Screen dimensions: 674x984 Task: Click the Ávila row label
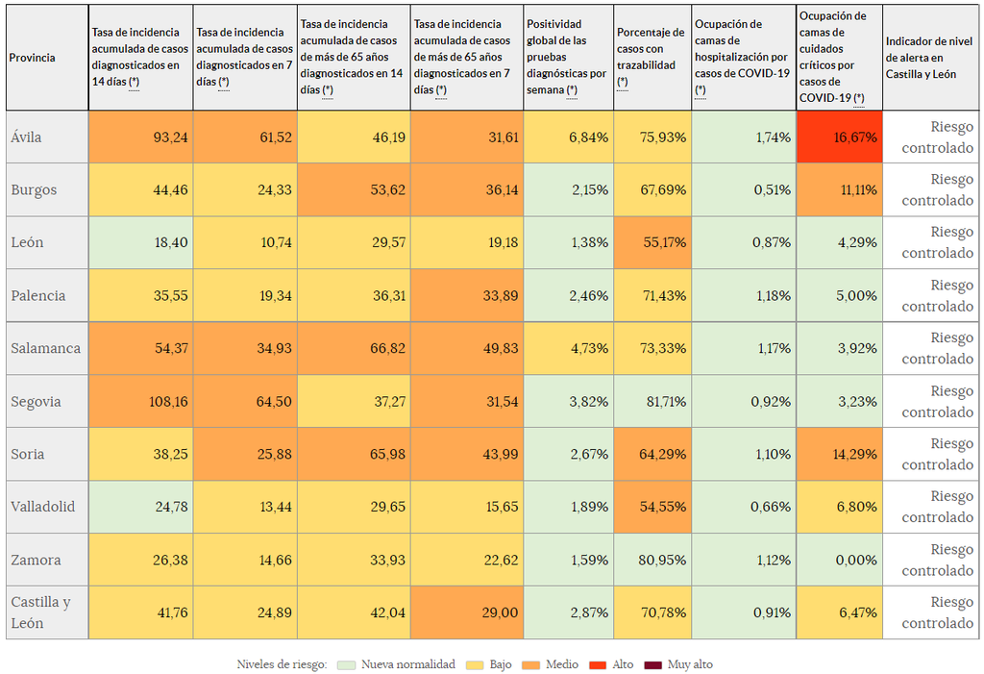(27, 137)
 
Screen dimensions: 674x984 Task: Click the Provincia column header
(33, 58)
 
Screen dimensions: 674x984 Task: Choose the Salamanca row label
(45, 348)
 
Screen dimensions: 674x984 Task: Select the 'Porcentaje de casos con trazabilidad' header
(652, 58)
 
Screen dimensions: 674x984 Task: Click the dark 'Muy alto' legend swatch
(653, 664)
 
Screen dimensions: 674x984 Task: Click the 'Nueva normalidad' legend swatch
(347, 664)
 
